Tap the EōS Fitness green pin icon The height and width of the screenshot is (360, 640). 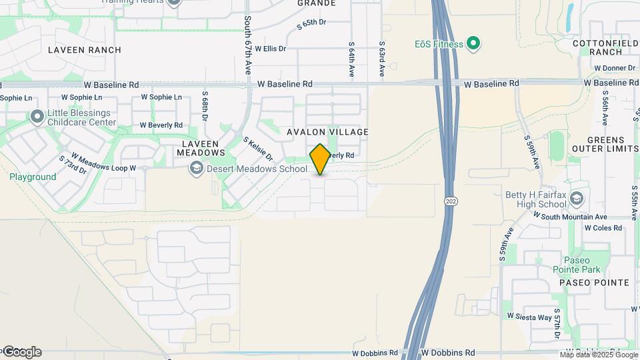473,45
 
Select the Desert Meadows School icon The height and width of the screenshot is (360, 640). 196,169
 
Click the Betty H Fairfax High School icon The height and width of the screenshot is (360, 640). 576,199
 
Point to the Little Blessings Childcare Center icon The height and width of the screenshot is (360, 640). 37,117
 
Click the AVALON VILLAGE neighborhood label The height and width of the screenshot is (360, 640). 327,132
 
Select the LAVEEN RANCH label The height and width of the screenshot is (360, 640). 85,50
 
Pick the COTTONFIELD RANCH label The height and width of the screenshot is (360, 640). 606,47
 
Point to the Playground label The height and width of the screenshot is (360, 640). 33,177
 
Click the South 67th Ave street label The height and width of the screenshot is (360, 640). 247,45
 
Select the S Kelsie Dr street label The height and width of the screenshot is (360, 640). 258,149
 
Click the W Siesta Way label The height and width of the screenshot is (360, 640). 529,317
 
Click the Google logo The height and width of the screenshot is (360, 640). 21,352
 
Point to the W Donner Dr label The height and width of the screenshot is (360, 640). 614,68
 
